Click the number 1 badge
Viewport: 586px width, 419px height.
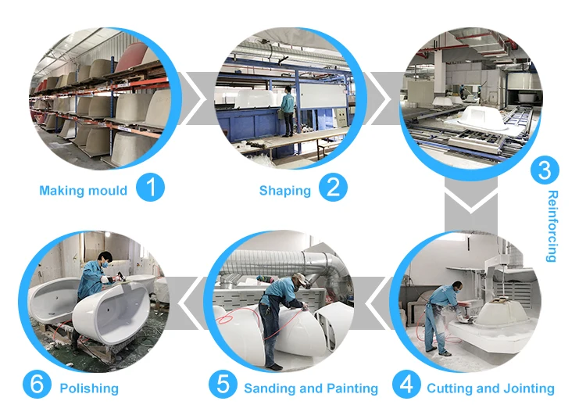tap(151, 189)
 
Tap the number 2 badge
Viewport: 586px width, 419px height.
tap(333, 189)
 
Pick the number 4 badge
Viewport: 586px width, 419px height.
tap(406, 386)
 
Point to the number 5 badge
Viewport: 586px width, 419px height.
tap(223, 386)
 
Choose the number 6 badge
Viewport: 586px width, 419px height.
tap(38, 386)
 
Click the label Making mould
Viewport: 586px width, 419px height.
tap(84, 190)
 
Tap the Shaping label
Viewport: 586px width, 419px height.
tap(284, 190)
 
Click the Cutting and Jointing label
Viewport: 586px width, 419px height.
tap(490, 388)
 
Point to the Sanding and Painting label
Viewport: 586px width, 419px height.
tap(310, 388)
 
